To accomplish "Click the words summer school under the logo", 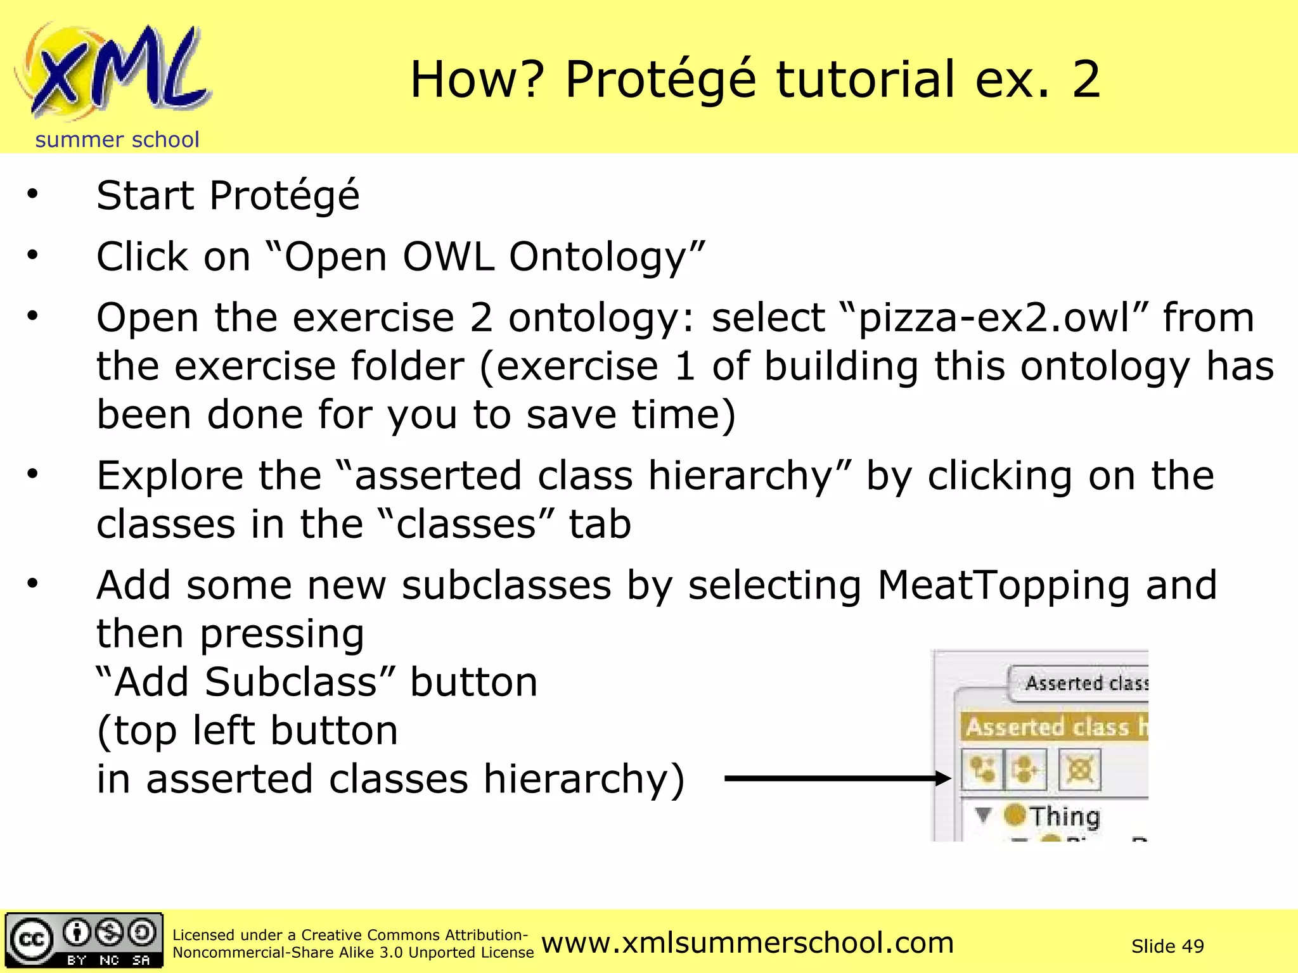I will point(117,139).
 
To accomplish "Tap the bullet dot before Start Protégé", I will point(32,194).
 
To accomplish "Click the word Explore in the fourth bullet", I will point(170,476).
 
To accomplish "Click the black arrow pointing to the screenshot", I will point(837,779).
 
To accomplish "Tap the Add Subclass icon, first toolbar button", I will point(981,770).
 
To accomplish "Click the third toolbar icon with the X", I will point(1079,770).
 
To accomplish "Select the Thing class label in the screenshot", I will point(1064,816).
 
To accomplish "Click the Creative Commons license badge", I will point(84,941).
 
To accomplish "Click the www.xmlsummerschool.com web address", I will point(747,943).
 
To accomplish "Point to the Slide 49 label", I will point(1167,946).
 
